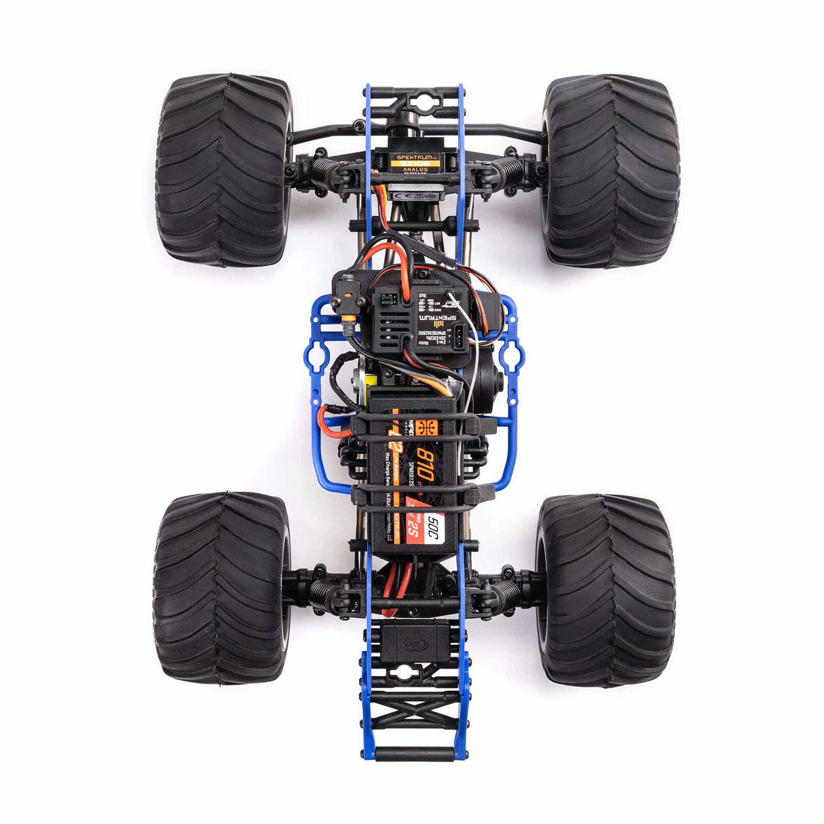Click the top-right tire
[x=611, y=170]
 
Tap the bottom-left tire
[x=221, y=588]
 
